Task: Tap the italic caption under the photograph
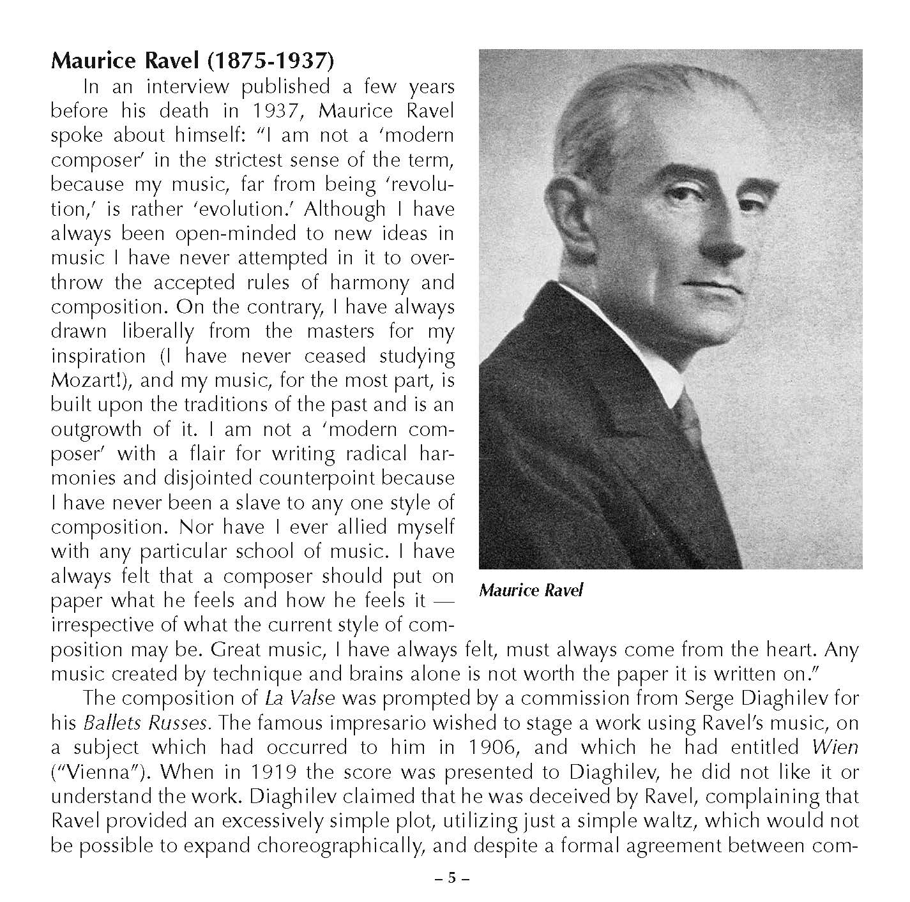531,590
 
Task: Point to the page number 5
451,878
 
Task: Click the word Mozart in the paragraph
89,380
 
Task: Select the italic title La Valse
299,698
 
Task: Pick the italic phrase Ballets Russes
145,723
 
